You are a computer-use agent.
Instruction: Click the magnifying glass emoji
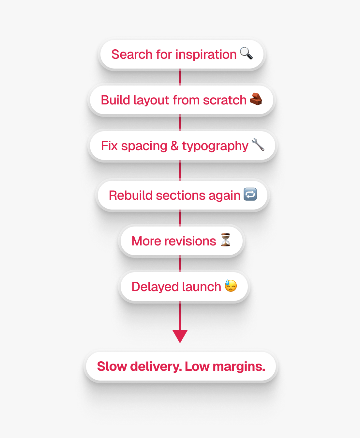pos(246,53)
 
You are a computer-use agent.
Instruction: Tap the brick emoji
pos(256,99)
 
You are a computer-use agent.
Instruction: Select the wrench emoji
pos(258,145)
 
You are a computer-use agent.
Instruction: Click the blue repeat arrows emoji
pos(250,195)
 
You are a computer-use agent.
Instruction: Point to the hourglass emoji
pos(225,240)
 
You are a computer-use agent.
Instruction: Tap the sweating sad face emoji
pos(231,286)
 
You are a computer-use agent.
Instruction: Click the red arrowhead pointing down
pos(180,336)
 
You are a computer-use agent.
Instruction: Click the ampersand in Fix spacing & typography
pos(175,146)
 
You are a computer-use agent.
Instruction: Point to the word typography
pos(215,146)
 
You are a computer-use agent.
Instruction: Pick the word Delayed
pos(151,287)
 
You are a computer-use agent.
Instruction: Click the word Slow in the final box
pos(112,367)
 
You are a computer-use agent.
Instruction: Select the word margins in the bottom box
pos(239,367)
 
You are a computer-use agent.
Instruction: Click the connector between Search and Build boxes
pos(180,77)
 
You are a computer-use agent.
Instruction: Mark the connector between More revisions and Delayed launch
pos(180,264)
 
